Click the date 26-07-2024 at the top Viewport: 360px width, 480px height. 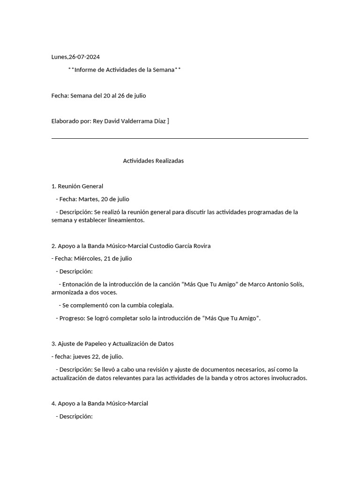tap(84, 57)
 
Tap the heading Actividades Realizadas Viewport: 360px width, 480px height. tap(153, 161)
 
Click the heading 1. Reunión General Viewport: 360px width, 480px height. tap(77, 187)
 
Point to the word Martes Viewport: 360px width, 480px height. tap(88, 199)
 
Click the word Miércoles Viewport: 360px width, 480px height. tap(89, 259)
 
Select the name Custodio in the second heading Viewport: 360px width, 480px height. tap(161, 246)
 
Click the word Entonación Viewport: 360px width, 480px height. tap(78, 285)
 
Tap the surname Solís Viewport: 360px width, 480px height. tap(295, 285)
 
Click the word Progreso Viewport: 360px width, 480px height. tap(72, 318)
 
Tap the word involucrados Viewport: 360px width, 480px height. tap(287, 378)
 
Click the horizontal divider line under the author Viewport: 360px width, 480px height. tap(180, 138)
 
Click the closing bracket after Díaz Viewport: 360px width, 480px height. tap(168, 121)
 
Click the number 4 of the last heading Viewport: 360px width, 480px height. tap(53, 404)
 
